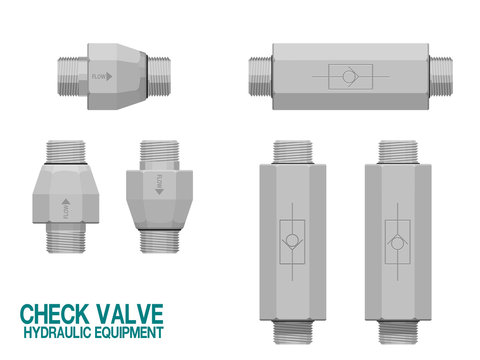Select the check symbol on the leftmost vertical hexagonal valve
(x=291, y=240)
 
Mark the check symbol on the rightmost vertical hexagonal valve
(x=397, y=240)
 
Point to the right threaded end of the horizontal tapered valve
(x=161, y=75)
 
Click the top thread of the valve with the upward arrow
(x=65, y=147)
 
